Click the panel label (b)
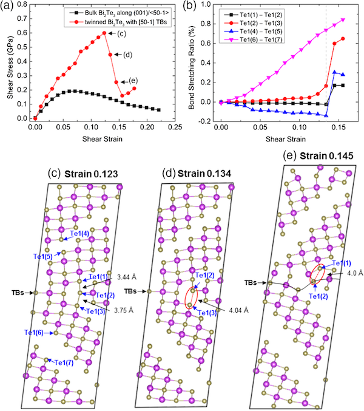194,7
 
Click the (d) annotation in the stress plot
127,55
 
